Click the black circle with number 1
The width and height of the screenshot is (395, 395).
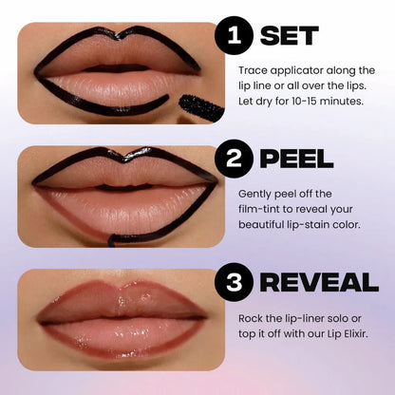pos(234,39)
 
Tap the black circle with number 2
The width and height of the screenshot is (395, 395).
pos(235,158)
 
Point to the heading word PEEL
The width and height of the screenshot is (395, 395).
pos(297,158)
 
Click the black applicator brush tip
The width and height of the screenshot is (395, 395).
pos(201,107)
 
